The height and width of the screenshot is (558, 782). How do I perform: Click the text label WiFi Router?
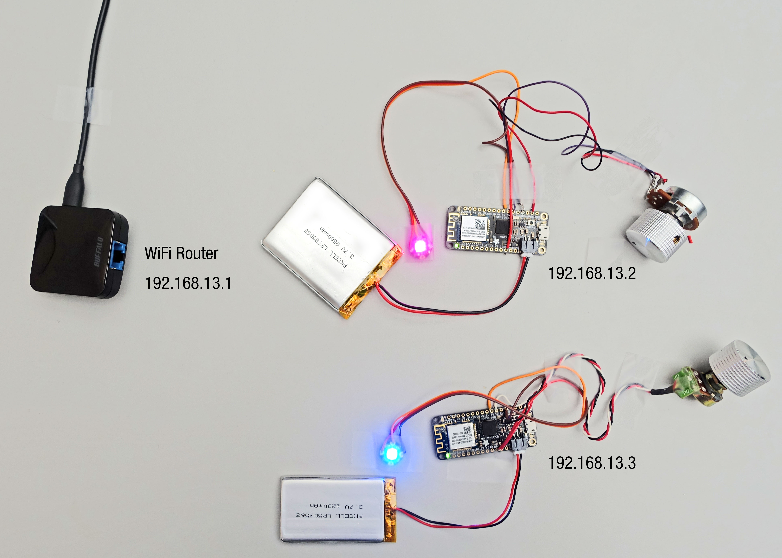181,253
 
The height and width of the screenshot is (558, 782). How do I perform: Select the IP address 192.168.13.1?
188,283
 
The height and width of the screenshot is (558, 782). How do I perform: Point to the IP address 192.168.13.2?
591,273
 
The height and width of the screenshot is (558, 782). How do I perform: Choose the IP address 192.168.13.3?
591,463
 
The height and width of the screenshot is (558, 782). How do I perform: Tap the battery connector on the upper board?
529,247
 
